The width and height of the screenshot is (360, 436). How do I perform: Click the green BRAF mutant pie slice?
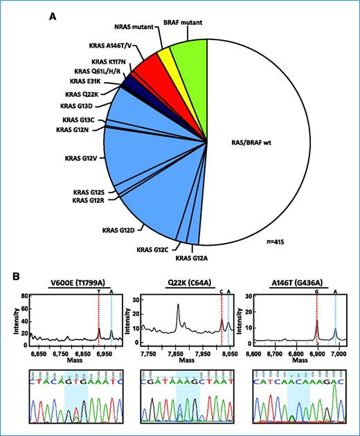click(x=193, y=52)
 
